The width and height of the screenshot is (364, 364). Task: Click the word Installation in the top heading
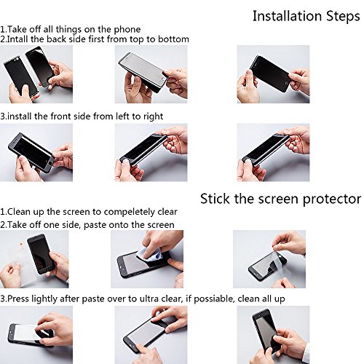[x=288, y=16]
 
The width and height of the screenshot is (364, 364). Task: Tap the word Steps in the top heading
[x=343, y=17]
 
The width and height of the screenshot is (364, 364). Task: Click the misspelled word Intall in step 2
[x=17, y=39]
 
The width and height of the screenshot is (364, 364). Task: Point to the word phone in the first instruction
[x=127, y=30]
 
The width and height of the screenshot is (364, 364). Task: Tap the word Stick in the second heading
[x=215, y=199]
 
